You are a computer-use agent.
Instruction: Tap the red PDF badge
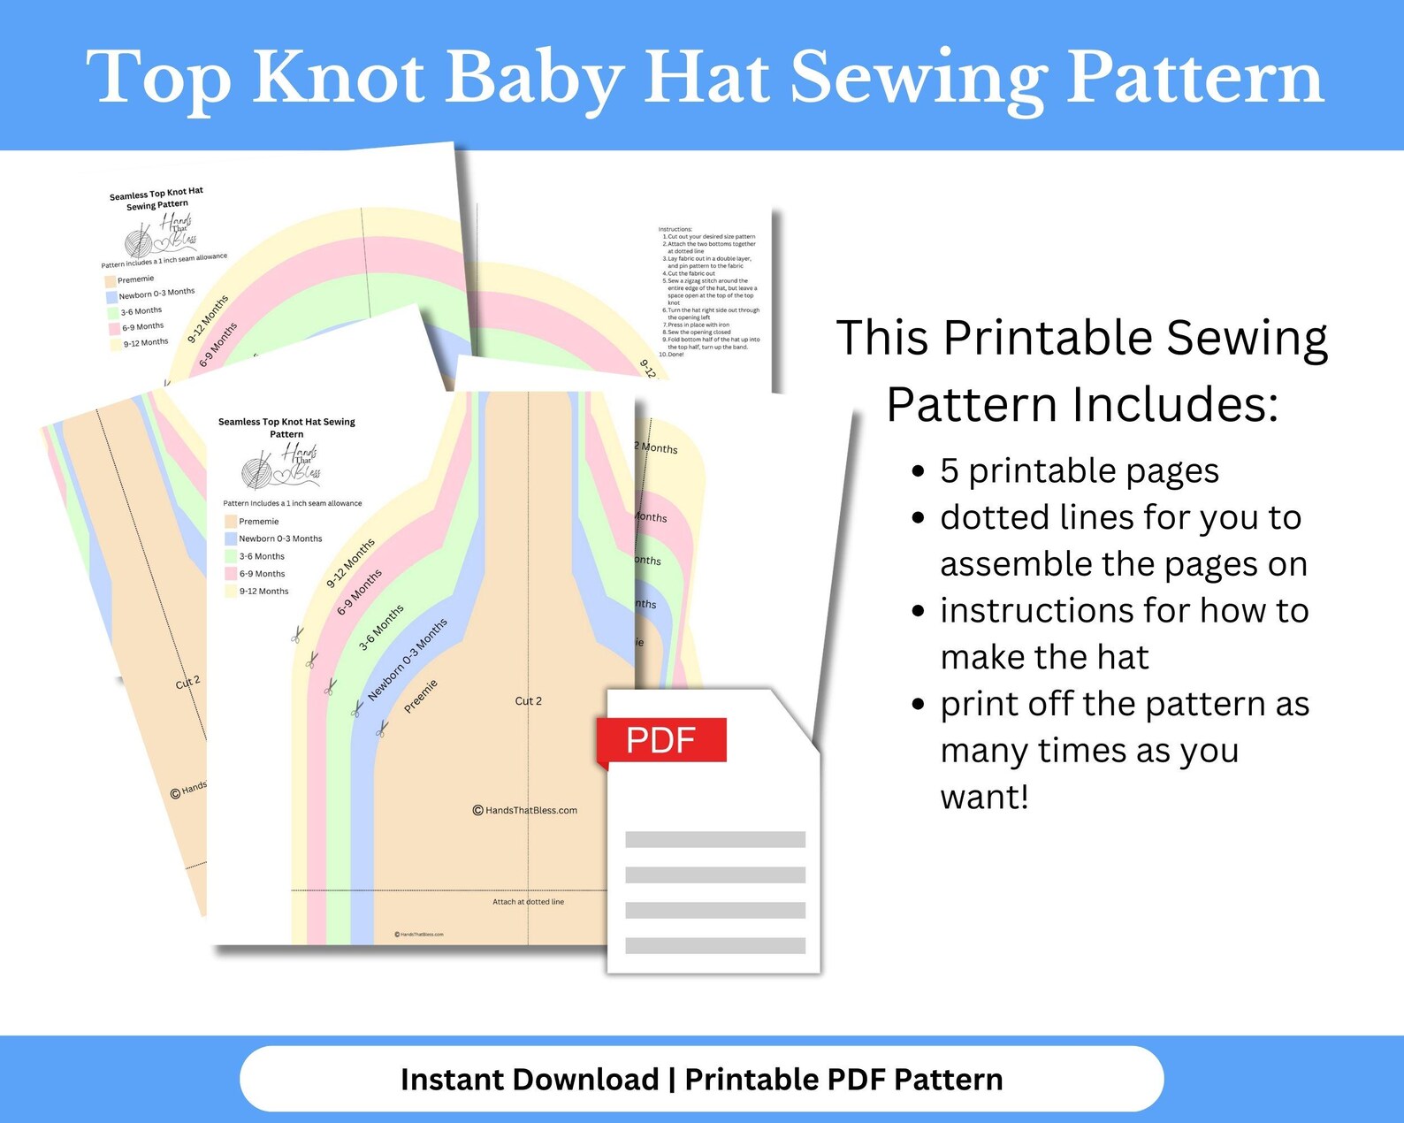click(661, 740)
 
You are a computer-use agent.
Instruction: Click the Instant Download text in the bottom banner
click(529, 1080)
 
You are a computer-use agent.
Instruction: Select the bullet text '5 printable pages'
click(1080, 471)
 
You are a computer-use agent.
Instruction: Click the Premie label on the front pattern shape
click(421, 696)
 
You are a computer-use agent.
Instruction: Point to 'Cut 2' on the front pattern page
click(529, 701)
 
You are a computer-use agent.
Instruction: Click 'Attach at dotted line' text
click(528, 902)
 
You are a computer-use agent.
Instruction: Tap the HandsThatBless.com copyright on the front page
click(526, 810)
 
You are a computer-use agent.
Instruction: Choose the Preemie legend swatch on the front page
click(231, 522)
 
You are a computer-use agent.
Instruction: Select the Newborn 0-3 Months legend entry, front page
click(279, 539)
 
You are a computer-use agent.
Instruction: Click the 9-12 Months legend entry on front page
click(263, 592)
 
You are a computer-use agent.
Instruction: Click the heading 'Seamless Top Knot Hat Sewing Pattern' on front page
click(286, 428)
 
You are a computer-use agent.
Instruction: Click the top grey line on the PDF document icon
click(714, 840)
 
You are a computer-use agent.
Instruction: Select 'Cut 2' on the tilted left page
click(188, 683)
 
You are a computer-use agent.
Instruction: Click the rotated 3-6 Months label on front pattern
click(381, 628)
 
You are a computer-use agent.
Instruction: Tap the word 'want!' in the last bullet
click(984, 798)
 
